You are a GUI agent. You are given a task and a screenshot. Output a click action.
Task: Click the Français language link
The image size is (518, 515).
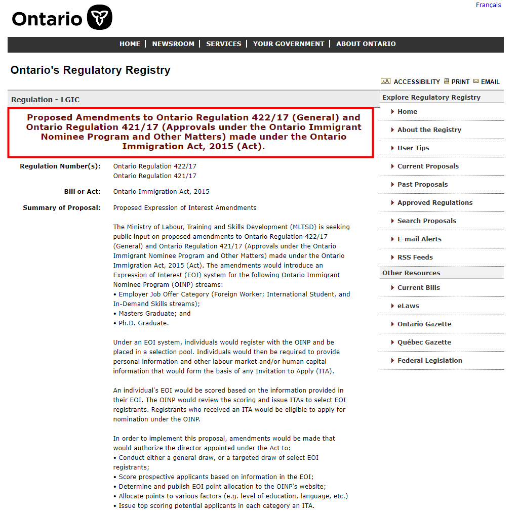tap(488, 5)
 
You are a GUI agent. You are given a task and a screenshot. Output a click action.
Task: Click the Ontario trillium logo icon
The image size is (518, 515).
tap(99, 18)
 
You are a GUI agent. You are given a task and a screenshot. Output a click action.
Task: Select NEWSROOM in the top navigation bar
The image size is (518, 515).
tap(173, 44)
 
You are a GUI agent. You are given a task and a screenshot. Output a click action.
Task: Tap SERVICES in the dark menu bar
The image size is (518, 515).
tap(223, 44)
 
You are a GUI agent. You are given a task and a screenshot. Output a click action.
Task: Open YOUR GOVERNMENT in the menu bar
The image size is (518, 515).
tap(289, 44)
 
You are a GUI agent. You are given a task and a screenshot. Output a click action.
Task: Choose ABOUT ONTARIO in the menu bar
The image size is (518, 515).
tap(366, 44)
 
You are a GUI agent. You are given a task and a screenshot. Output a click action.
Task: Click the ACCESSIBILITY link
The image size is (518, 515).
tap(416, 81)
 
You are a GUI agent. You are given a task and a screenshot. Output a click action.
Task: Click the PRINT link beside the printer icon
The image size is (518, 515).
tap(460, 81)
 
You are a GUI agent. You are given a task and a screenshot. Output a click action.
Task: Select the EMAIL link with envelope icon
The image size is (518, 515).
tap(490, 81)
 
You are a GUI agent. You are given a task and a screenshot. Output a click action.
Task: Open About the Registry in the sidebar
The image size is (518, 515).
tap(429, 130)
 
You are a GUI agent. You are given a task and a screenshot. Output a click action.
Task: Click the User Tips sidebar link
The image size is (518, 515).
tap(413, 148)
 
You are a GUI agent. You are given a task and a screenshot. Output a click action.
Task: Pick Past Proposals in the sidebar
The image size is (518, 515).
tap(422, 185)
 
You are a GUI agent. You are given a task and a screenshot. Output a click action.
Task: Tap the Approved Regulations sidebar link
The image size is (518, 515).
tap(435, 203)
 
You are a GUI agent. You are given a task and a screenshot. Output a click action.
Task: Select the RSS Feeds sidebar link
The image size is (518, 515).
tap(415, 257)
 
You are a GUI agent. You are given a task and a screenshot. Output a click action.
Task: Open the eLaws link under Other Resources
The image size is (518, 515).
tap(408, 306)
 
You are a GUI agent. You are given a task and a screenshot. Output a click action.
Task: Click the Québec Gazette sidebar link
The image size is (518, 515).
tap(424, 342)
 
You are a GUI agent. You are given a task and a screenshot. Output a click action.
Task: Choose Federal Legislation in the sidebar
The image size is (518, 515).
tap(430, 361)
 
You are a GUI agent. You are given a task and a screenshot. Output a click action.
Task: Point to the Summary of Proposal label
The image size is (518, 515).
tap(62, 208)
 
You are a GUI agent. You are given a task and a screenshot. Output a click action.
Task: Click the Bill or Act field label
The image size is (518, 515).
tap(78, 192)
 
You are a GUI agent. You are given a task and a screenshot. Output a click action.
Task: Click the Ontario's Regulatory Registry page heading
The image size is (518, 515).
tap(91, 70)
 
